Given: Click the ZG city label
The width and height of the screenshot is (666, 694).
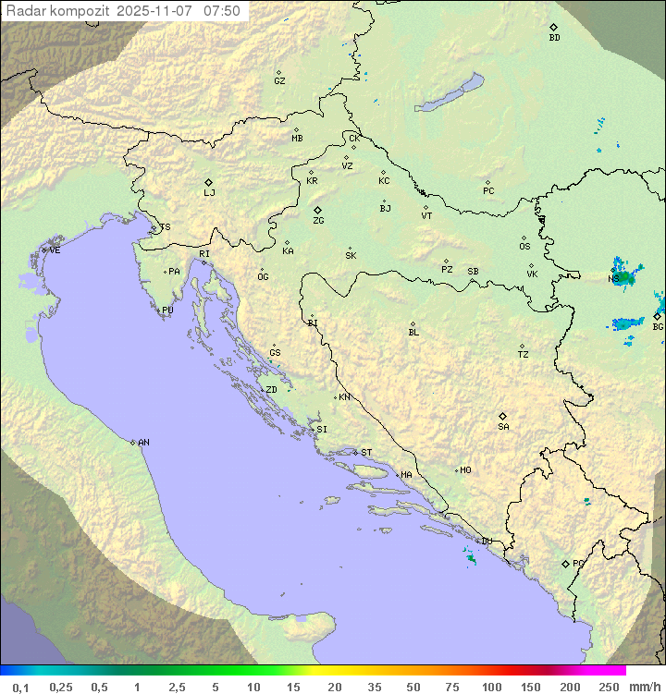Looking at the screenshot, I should pyautogui.click(x=318, y=221).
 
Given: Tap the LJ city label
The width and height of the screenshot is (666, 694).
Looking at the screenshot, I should pyautogui.click(x=209, y=193).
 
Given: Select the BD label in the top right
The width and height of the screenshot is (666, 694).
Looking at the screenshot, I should pyautogui.click(x=554, y=38).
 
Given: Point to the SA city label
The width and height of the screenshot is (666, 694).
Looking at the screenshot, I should pyautogui.click(x=503, y=427).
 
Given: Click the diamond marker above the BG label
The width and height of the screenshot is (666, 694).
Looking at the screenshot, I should pyautogui.click(x=657, y=316).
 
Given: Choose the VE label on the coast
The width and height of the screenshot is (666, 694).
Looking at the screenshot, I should pyautogui.click(x=55, y=250).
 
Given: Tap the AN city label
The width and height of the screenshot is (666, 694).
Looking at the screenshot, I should pyautogui.click(x=143, y=443).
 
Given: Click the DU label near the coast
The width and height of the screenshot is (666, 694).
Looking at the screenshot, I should pyautogui.click(x=487, y=542).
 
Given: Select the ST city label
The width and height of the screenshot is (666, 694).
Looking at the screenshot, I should pyautogui.click(x=366, y=453).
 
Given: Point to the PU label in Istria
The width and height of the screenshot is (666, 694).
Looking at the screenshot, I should pyautogui.click(x=167, y=310).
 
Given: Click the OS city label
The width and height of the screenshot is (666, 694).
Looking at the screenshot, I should pyautogui.click(x=524, y=247).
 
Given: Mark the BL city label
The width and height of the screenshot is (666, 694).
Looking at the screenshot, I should pyautogui.click(x=413, y=332).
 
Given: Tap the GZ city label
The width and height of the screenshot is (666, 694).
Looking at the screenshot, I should pyautogui.click(x=279, y=80).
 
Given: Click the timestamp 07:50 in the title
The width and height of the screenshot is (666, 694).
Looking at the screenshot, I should pyautogui.click(x=222, y=11).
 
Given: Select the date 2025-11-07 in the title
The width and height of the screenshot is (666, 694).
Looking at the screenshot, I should pyautogui.click(x=157, y=11).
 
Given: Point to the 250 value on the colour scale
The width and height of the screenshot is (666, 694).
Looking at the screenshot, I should pyautogui.click(x=609, y=687).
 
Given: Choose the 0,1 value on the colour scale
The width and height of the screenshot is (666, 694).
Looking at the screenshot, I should pyautogui.click(x=20, y=687).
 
